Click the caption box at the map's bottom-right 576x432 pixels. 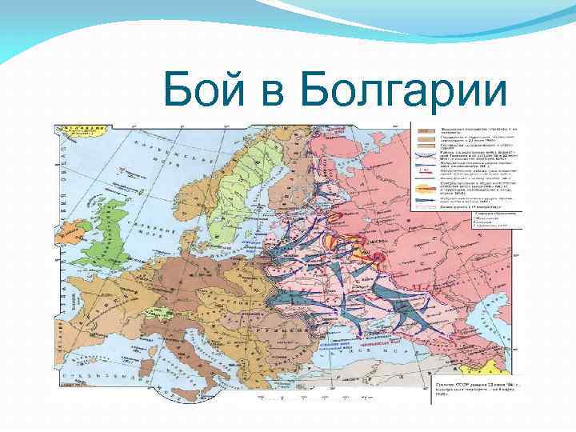[x=477, y=388]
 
